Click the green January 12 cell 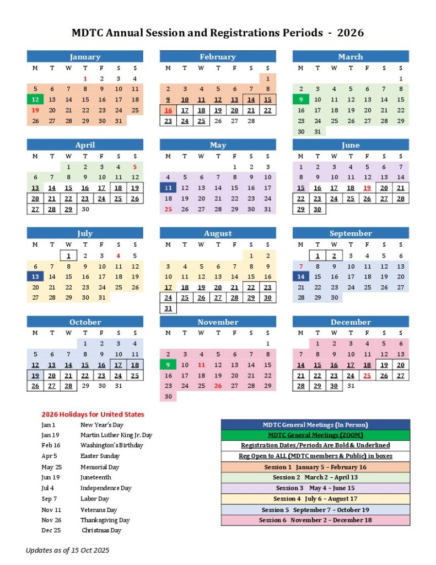35,100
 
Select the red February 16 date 168,110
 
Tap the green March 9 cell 301,100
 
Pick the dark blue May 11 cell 168,188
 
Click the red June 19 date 367,188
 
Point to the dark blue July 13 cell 35,276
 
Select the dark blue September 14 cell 301,276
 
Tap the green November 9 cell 168,365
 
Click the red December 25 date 367,375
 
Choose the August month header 218,233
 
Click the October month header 85,322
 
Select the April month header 85,145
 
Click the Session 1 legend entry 315,467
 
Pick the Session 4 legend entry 315,499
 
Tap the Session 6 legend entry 315,520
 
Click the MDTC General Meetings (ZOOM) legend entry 315,435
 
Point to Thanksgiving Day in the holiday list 105,520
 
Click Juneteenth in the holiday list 95,477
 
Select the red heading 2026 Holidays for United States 93,414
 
